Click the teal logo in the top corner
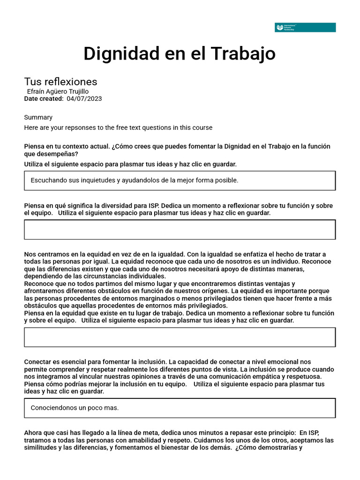(x=305, y=28)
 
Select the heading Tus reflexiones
(x=60, y=82)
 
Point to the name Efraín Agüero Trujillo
(x=58, y=91)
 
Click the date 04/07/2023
(x=84, y=98)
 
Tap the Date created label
(x=44, y=98)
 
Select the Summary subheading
(x=38, y=117)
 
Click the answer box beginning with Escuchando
(x=180, y=180)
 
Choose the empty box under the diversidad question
(x=180, y=230)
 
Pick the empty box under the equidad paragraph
(x=180, y=337)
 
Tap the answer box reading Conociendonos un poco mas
(x=180, y=408)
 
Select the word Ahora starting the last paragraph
(x=34, y=433)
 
